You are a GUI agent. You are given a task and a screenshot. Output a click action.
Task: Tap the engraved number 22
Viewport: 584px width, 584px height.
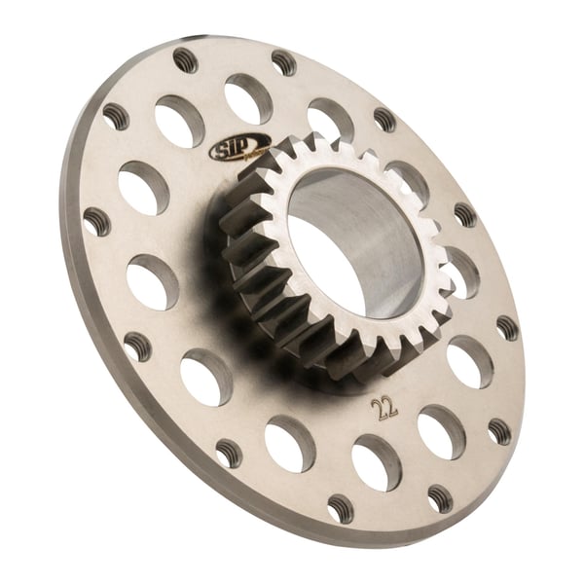[384, 406]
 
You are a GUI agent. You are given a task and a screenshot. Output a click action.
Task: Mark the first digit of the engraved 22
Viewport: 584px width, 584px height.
[378, 406]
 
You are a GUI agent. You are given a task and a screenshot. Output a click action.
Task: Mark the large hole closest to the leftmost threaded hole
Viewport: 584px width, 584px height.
[143, 188]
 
